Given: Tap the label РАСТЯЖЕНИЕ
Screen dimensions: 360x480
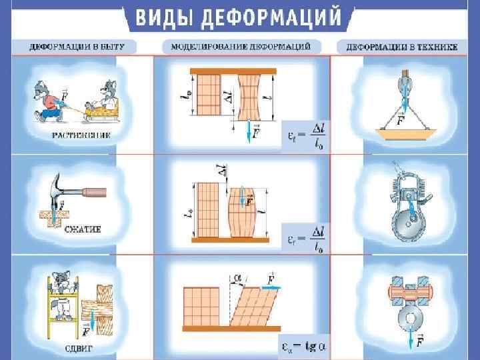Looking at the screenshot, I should click(80, 135).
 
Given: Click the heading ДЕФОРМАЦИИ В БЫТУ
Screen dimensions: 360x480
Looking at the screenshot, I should click(80, 47).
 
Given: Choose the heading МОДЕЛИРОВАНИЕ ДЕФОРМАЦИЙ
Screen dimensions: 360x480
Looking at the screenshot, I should click(241, 47).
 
